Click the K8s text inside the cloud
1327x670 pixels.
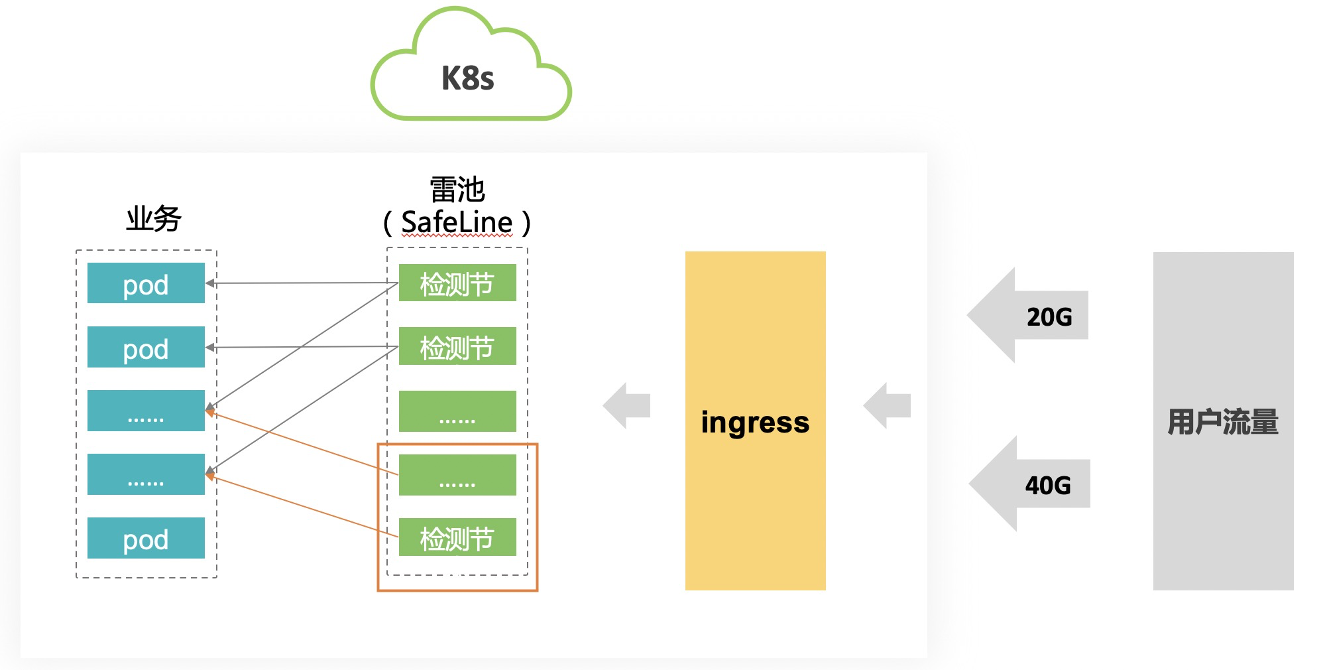(x=468, y=78)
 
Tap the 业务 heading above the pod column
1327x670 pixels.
(x=154, y=218)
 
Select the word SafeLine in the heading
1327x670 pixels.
(x=457, y=223)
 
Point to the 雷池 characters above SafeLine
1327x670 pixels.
(x=457, y=190)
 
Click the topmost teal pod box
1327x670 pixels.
(x=146, y=283)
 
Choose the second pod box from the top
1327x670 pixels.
(x=146, y=347)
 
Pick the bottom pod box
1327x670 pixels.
(x=146, y=538)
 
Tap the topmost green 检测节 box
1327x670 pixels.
(x=457, y=283)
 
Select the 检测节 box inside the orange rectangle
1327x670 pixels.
(x=457, y=537)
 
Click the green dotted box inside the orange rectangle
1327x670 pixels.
(x=457, y=475)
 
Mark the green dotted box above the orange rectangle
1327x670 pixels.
(x=457, y=411)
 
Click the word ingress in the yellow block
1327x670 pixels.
(x=755, y=423)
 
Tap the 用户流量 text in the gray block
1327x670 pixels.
(x=1223, y=422)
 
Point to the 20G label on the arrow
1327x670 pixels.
(x=1049, y=317)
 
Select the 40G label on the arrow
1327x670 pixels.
(x=1048, y=486)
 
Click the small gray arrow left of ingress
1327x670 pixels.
(x=626, y=405)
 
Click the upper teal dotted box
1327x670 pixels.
(x=146, y=411)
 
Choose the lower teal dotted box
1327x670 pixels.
(x=146, y=474)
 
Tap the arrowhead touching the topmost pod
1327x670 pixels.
(x=210, y=283)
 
